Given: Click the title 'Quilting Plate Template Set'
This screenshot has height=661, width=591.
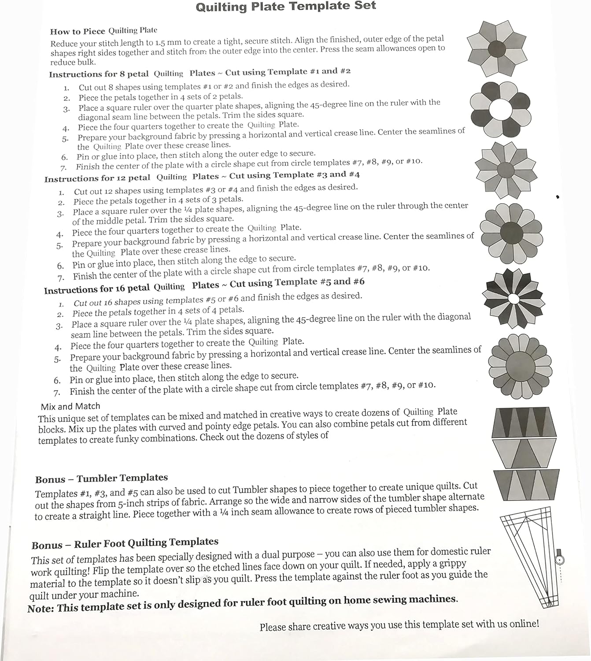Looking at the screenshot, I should [x=286, y=7].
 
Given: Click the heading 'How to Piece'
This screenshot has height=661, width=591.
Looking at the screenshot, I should [x=78, y=31].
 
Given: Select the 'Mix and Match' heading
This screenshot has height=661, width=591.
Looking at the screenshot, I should [x=70, y=406].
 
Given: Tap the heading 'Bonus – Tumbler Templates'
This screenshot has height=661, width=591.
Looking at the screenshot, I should [x=102, y=479].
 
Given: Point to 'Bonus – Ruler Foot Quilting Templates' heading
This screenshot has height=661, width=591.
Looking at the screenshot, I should [x=125, y=543].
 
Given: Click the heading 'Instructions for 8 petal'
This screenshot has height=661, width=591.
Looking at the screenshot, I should [x=99, y=74].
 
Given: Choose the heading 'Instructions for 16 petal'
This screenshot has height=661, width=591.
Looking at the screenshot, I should [x=97, y=290].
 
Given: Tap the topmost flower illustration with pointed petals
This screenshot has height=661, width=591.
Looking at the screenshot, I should [x=496, y=48].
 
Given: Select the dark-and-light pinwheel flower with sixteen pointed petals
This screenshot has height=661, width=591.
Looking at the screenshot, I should [x=513, y=298].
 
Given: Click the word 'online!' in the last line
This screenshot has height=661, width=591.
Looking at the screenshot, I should [x=524, y=624].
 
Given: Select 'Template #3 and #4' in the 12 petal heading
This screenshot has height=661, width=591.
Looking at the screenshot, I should [x=316, y=175].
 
